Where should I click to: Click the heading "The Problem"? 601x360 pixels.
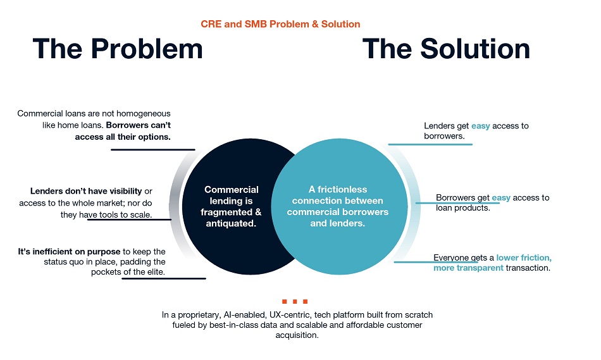pos(118,49)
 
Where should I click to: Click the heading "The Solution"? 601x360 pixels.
pos(446,49)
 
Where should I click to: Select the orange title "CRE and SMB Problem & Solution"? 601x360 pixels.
pos(280,24)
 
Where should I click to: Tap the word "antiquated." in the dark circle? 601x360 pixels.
pos(231,223)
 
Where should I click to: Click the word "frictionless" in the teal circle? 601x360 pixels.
pos(342,189)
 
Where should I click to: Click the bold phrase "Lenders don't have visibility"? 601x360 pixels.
pos(86,191)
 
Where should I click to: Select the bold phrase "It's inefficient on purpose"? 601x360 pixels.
pos(69,252)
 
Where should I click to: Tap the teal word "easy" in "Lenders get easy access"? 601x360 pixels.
pos(480,126)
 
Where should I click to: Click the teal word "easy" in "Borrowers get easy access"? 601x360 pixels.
pos(501,198)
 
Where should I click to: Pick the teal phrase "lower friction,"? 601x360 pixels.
pos(524,258)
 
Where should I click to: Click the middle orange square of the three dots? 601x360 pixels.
pos(295,301)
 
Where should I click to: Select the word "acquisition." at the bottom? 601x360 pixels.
pos(297,335)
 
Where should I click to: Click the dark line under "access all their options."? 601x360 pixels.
pos(153,149)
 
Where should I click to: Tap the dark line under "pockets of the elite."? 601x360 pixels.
pos(164,278)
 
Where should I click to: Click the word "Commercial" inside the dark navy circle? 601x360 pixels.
pos(231,189)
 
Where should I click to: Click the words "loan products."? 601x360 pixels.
pos(463,208)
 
